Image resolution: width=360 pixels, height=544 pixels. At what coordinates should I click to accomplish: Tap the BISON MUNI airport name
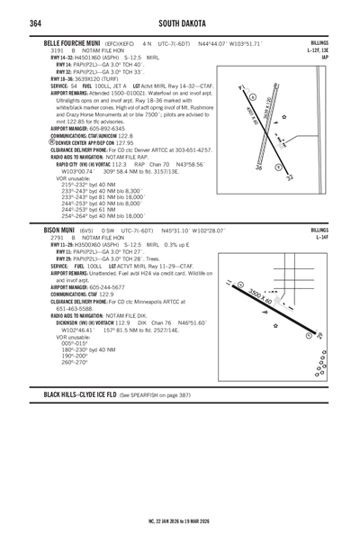53,231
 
